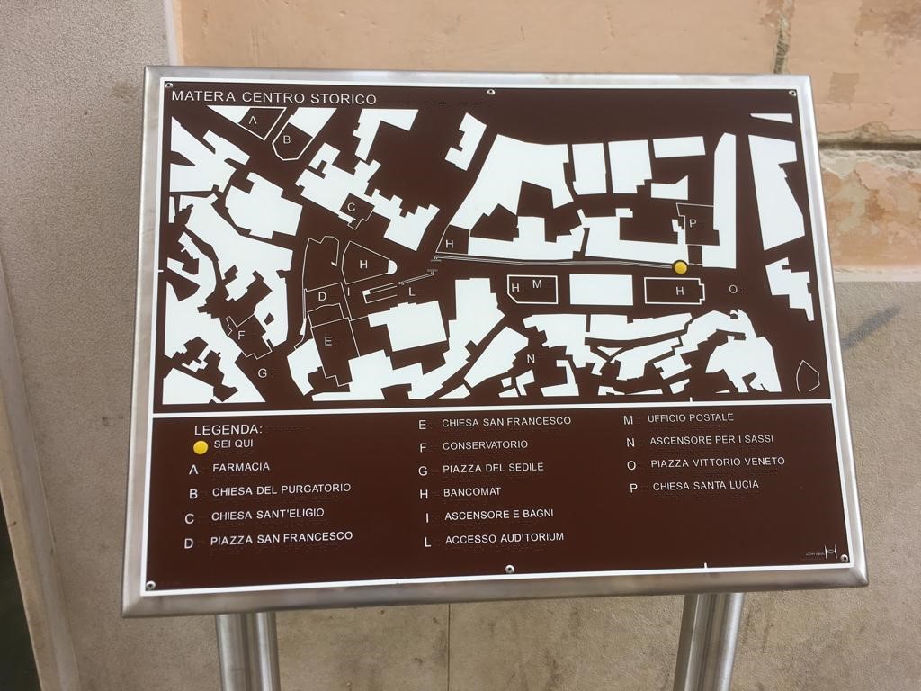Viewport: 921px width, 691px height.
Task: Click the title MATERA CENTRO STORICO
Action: pyautogui.click(x=273, y=97)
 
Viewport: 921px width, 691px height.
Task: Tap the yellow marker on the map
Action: pyautogui.click(x=680, y=266)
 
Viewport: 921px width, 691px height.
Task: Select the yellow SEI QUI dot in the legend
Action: pyautogui.click(x=201, y=446)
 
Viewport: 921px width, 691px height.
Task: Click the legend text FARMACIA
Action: pyautogui.click(x=240, y=468)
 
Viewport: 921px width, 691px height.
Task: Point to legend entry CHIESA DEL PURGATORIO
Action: pyautogui.click(x=281, y=490)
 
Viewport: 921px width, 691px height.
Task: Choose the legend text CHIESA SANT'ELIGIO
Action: pyautogui.click(x=267, y=515)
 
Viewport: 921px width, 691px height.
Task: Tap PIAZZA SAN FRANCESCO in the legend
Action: pyautogui.click(x=281, y=538)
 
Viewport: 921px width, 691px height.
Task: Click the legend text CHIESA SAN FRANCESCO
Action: pyautogui.click(x=506, y=422)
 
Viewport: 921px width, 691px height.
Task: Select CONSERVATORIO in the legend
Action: pyautogui.click(x=485, y=445)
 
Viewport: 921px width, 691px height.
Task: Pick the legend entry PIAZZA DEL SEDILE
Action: pyautogui.click(x=493, y=469)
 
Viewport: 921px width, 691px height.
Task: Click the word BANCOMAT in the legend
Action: pyautogui.click(x=471, y=492)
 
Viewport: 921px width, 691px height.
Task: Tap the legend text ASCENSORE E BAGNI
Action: pyautogui.click(x=498, y=515)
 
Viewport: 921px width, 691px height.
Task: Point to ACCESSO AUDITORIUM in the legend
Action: pyautogui.click(x=504, y=538)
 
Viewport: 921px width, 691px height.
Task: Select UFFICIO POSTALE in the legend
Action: pyautogui.click(x=691, y=417)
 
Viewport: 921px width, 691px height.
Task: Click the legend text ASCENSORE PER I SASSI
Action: pyautogui.click(x=711, y=440)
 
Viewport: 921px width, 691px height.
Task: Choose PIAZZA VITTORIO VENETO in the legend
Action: pyautogui.click(x=717, y=462)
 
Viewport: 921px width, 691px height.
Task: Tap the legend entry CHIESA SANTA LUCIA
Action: pyautogui.click(x=705, y=486)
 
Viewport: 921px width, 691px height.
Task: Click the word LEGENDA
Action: pyautogui.click(x=228, y=429)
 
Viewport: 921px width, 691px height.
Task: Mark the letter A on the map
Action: pyautogui.click(x=253, y=120)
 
